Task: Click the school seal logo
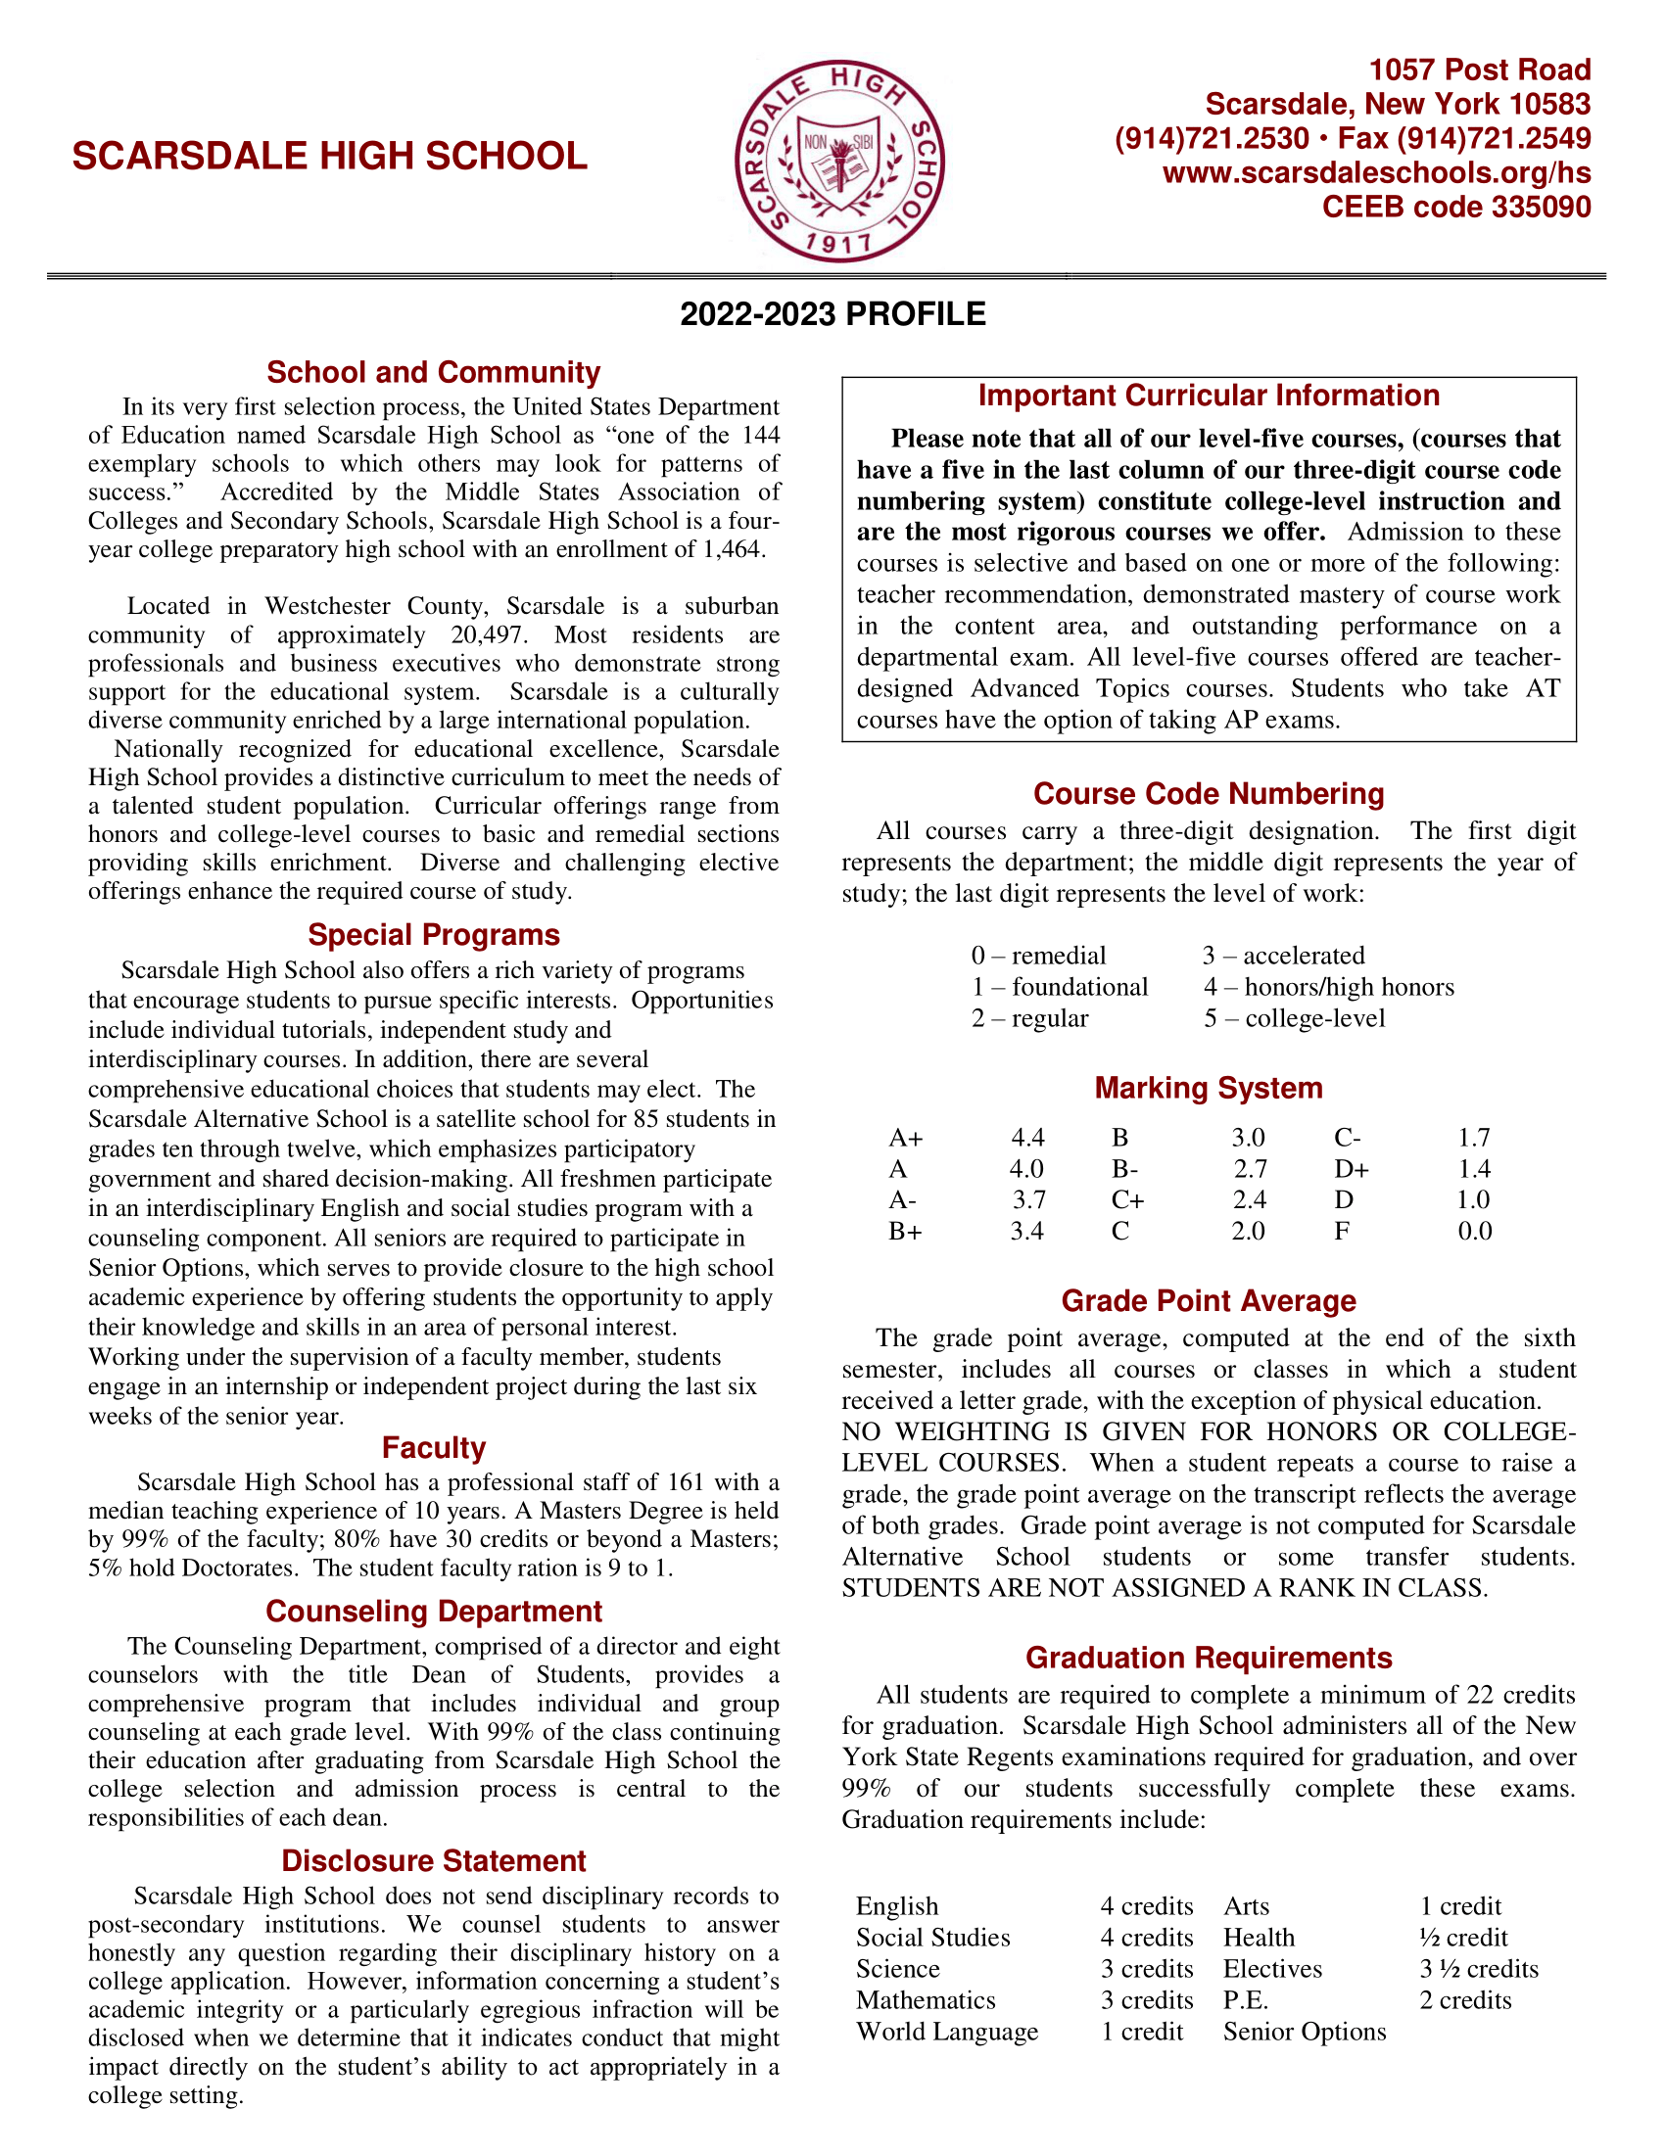tap(839, 160)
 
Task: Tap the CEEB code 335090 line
tap(1455, 208)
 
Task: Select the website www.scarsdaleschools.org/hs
tap(1377, 173)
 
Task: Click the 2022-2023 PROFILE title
tap(832, 314)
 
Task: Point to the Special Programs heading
tap(434, 935)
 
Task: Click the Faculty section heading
tap(434, 1448)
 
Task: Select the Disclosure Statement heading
tap(434, 1861)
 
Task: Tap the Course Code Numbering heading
tap(1209, 794)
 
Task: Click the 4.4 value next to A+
tap(1027, 1138)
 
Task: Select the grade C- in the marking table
tap(1348, 1138)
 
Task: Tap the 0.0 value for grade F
tap(1475, 1232)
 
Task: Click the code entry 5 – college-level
tap(1294, 1019)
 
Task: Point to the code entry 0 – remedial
tap(1038, 956)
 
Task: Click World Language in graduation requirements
tap(947, 2032)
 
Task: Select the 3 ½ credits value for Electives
tap(1479, 1969)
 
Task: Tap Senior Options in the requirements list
tap(1304, 2032)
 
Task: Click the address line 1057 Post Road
tap(1480, 70)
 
